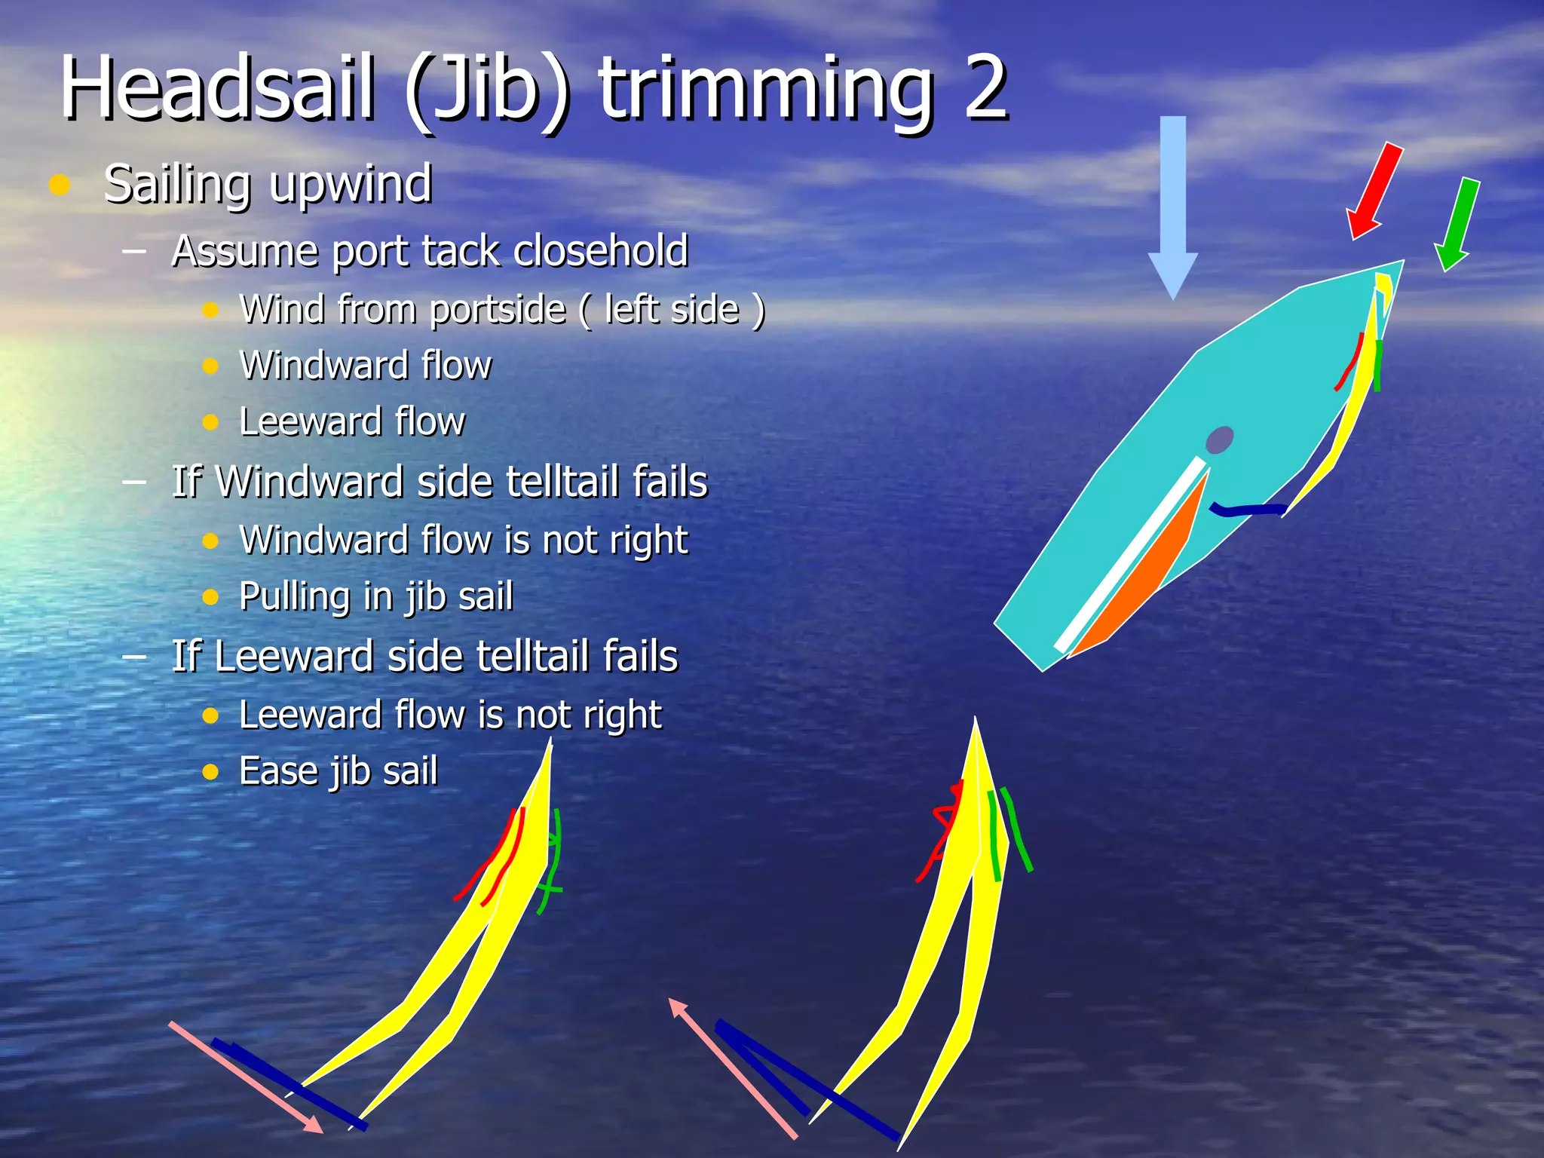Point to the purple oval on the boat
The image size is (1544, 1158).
click(x=1219, y=440)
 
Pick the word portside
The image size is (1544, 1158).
click(x=497, y=309)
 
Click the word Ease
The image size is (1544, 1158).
click(x=278, y=771)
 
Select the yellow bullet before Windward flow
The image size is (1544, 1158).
click(x=210, y=366)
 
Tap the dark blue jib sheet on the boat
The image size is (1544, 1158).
click(x=1248, y=510)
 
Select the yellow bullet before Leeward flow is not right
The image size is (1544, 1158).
click(x=210, y=715)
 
